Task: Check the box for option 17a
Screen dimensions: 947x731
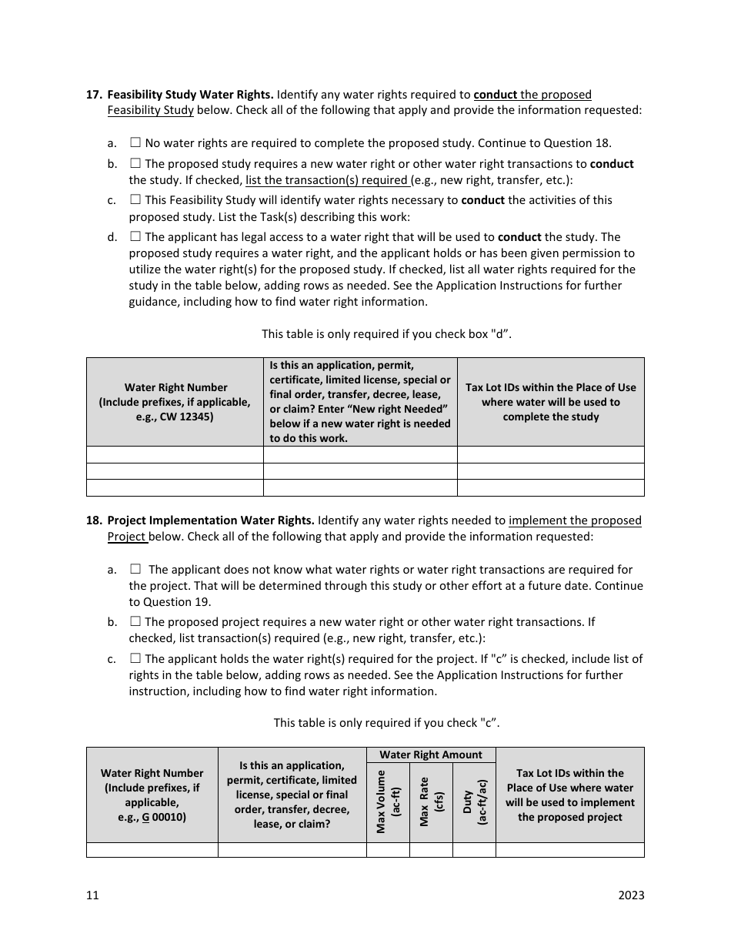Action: click(135, 142)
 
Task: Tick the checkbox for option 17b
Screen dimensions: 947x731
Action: click(135, 163)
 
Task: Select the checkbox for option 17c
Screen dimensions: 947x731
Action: click(135, 199)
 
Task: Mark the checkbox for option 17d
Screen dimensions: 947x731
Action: click(135, 236)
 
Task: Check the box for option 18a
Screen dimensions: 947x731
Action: click(135, 569)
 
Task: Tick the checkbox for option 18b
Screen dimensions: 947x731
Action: click(135, 621)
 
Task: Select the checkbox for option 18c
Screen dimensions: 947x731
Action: click(135, 658)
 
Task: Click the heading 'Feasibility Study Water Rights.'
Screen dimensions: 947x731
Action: click(190, 95)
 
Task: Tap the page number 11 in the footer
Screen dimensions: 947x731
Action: click(92, 895)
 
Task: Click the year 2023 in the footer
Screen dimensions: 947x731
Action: click(631, 895)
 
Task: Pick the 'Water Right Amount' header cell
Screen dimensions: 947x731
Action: click(431, 755)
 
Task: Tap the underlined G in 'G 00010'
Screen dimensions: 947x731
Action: click(145, 817)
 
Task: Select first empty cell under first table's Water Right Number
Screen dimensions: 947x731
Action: click(175, 454)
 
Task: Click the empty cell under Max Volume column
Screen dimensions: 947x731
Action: click(388, 850)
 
